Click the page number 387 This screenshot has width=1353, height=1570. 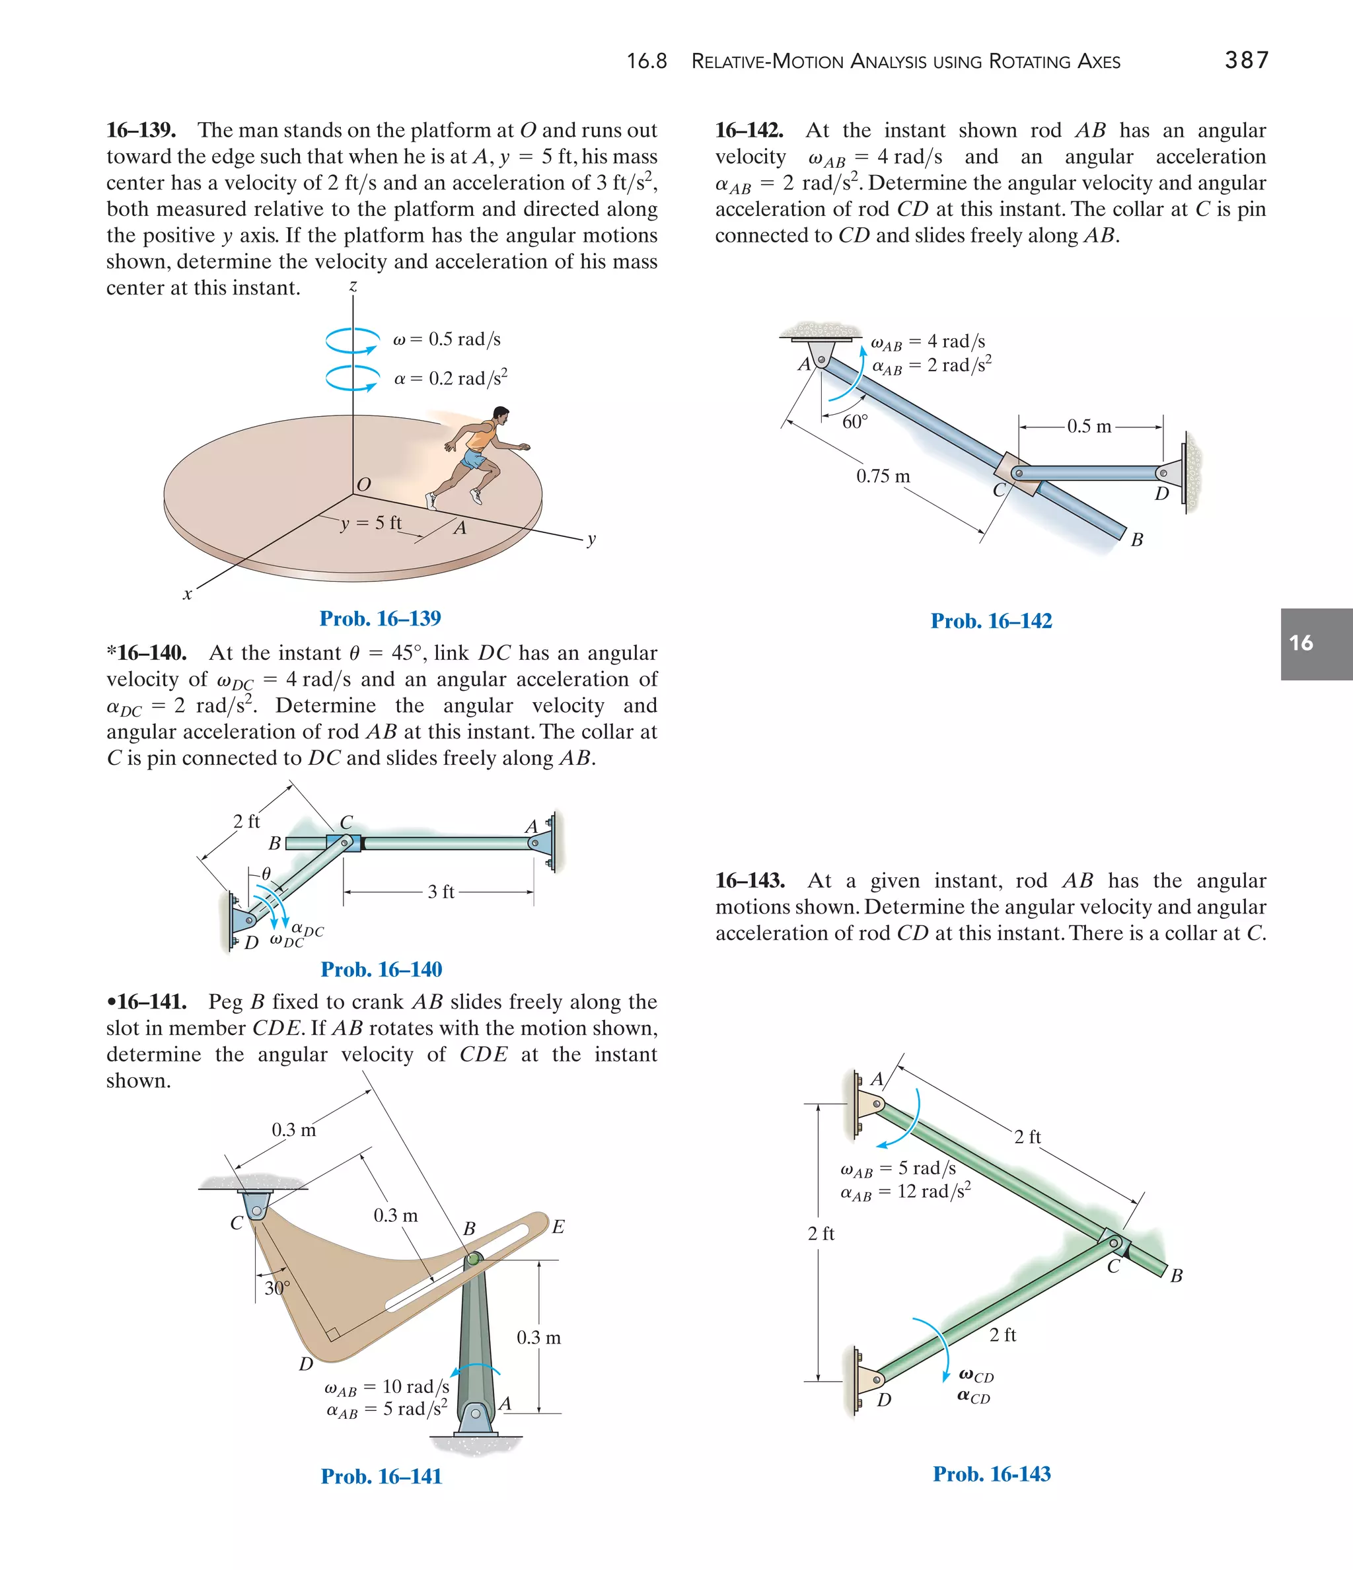click(1246, 60)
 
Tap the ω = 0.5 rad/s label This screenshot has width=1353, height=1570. click(447, 339)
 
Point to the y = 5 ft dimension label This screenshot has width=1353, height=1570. click(371, 523)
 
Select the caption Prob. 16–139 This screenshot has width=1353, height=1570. click(380, 618)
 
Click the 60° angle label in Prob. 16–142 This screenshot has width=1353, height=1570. click(854, 422)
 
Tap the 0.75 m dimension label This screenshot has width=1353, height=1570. click(883, 477)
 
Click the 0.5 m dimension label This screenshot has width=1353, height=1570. click(1089, 427)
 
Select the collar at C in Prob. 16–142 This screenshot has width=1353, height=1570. click(1019, 474)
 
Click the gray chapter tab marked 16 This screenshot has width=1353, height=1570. click(1316, 643)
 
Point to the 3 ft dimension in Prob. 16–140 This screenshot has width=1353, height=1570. click(441, 892)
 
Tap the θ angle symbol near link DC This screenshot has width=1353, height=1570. click(266, 874)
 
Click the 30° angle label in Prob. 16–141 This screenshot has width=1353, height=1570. click(277, 1287)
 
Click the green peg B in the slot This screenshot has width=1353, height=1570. click(473, 1260)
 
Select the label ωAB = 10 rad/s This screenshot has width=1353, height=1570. click(386, 1386)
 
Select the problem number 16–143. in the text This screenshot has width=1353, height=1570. click(750, 880)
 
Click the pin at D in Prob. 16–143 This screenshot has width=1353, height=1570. click(876, 1380)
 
